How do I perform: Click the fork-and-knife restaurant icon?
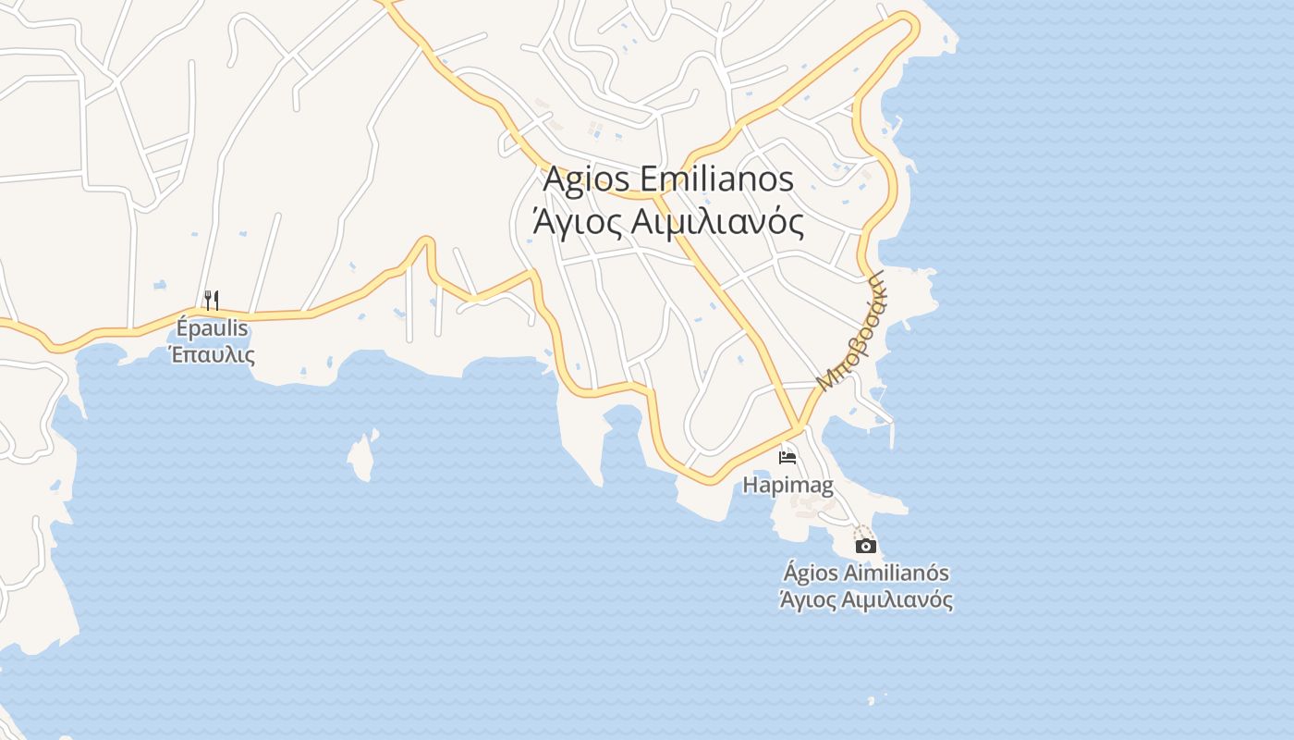212,300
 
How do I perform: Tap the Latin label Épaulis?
213,328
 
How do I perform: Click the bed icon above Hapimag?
787,457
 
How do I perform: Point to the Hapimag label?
787,485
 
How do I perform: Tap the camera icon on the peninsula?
866,546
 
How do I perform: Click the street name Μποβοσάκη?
850,330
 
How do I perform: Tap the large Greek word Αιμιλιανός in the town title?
715,222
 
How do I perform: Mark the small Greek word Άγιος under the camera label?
810,599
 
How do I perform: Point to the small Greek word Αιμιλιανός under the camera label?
897,599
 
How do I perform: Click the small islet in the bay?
362,455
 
